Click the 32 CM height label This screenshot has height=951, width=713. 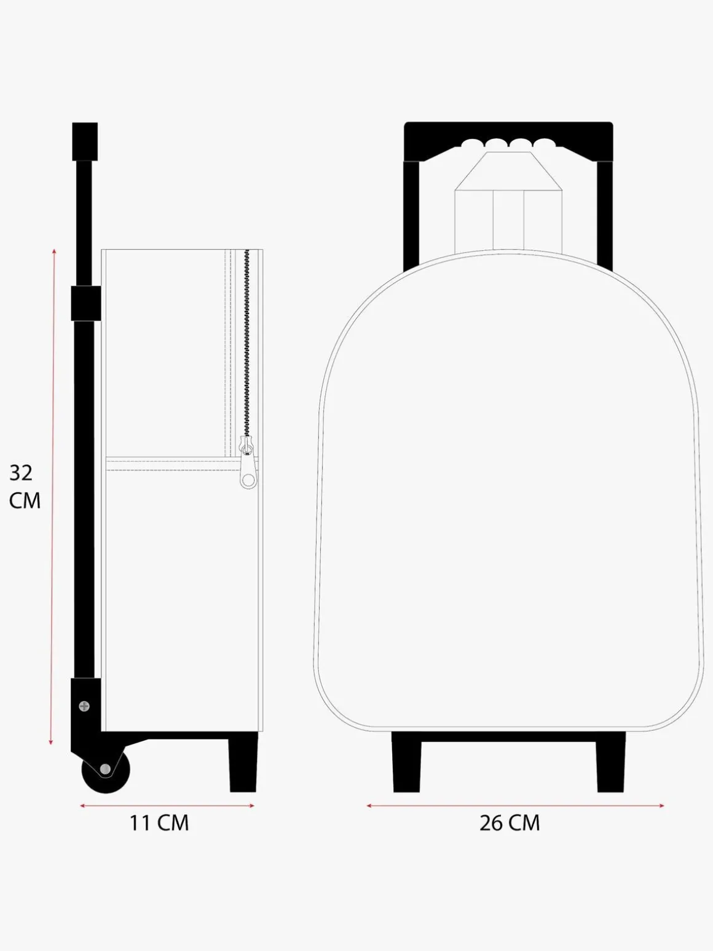tap(25, 487)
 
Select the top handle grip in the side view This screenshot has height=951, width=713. tap(85, 141)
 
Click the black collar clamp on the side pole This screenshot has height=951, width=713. tap(86, 303)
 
